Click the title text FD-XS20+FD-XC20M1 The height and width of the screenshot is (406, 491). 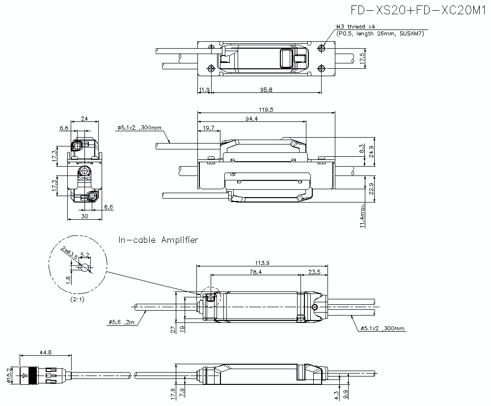[418, 10]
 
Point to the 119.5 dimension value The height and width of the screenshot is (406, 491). [265, 109]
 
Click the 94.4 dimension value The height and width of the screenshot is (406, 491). [251, 118]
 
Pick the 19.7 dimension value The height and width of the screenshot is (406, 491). [209, 128]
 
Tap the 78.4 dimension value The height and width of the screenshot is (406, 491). [255, 272]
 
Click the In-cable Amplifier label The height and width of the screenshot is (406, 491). [158, 240]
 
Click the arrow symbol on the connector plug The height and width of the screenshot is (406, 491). [24, 377]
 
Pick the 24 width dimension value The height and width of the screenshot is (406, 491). [84, 118]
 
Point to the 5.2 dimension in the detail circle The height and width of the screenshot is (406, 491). [84, 255]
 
